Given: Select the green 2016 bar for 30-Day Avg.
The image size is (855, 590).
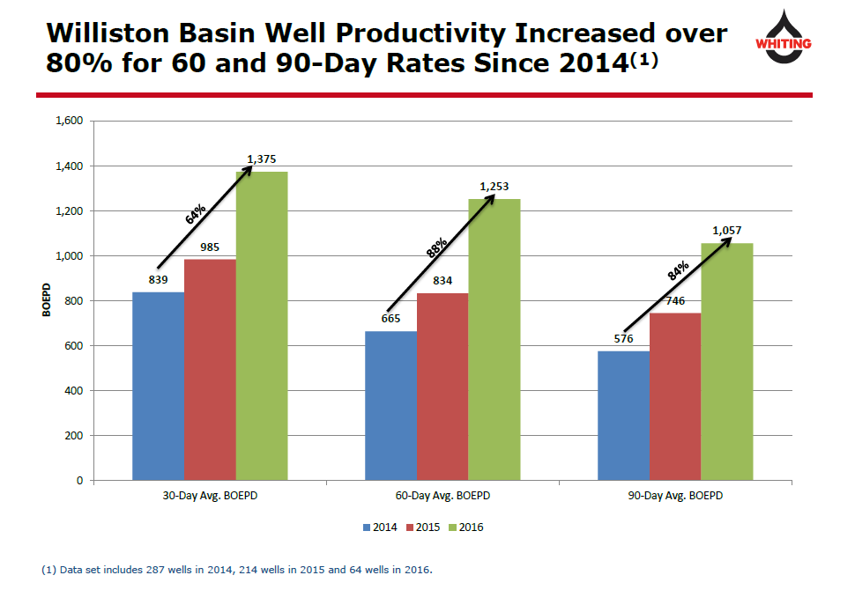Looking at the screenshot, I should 262,326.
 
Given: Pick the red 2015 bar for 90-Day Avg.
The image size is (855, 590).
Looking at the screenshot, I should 675,396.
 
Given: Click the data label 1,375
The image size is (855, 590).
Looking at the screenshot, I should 262,159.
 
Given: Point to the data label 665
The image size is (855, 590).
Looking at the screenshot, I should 390,319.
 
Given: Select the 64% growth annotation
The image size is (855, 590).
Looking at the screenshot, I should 196,214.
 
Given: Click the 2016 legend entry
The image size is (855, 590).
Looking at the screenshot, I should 466,527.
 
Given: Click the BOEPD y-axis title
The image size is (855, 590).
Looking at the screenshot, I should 46,299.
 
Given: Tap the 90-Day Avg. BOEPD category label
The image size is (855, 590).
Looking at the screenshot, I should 675,496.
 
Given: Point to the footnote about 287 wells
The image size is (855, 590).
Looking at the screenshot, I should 238,570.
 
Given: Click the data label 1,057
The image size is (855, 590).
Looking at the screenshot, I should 727,231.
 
